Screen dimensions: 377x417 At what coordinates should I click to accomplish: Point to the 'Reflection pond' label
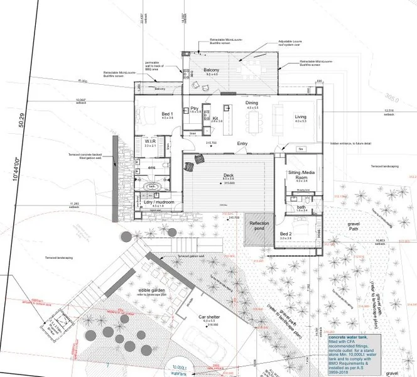260,226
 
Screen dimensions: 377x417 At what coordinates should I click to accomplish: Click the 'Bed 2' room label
286,234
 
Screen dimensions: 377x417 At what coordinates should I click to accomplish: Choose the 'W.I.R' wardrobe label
150,142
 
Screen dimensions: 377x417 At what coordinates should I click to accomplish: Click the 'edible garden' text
152,290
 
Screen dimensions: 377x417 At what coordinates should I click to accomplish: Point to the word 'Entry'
242,143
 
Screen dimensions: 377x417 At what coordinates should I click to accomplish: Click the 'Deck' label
228,175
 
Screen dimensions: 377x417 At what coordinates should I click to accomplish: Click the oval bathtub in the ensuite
152,187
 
